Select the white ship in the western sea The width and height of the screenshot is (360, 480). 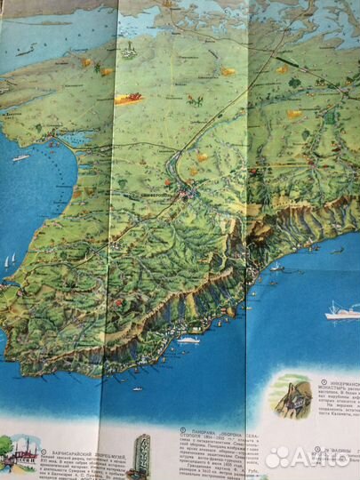(x=20, y=157)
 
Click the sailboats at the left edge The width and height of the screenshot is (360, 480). (x=9, y=261)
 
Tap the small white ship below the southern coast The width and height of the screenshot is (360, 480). (x=188, y=340)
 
